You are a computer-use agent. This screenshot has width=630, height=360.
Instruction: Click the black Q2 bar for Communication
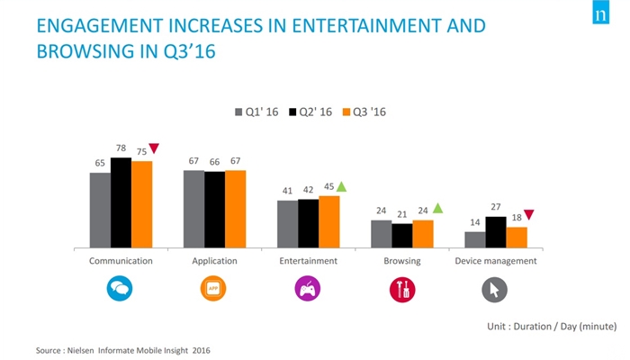click(x=121, y=202)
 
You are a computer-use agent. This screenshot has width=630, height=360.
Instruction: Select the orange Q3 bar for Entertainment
click(x=329, y=221)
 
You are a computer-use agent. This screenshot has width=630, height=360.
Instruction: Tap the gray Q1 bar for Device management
click(x=475, y=240)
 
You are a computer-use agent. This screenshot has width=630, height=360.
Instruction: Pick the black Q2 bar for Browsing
click(x=401, y=236)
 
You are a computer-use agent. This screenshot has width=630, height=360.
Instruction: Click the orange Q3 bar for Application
click(x=236, y=209)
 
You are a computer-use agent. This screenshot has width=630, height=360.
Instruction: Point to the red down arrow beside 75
click(x=154, y=148)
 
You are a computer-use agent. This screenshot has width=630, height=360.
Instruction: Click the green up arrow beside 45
click(x=341, y=186)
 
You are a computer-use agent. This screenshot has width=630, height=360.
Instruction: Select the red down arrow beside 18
click(x=529, y=214)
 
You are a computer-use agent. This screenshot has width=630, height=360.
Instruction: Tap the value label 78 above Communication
click(x=121, y=148)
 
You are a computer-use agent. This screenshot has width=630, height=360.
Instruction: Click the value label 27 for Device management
click(x=496, y=207)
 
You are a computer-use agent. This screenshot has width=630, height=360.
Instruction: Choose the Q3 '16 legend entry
click(x=364, y=112)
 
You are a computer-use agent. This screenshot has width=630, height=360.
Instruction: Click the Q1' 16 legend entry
click(x=256, y=112)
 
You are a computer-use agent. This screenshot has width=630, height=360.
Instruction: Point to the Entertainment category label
click(x=308, y=261)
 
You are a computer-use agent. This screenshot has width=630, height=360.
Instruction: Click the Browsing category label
click(x=402, y=261)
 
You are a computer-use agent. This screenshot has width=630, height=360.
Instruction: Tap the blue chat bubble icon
click(x=120, y=289)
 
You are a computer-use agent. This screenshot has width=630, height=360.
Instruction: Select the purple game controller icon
click(x=308, y=289)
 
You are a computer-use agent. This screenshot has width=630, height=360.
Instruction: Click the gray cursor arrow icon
click(x=495, y=290)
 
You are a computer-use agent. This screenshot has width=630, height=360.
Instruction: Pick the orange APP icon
click(x=213, y=289)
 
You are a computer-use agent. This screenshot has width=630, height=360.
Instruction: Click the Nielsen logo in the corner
click(x=601, y=13)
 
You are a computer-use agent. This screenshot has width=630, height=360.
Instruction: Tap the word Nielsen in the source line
click(x=80, y=350)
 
